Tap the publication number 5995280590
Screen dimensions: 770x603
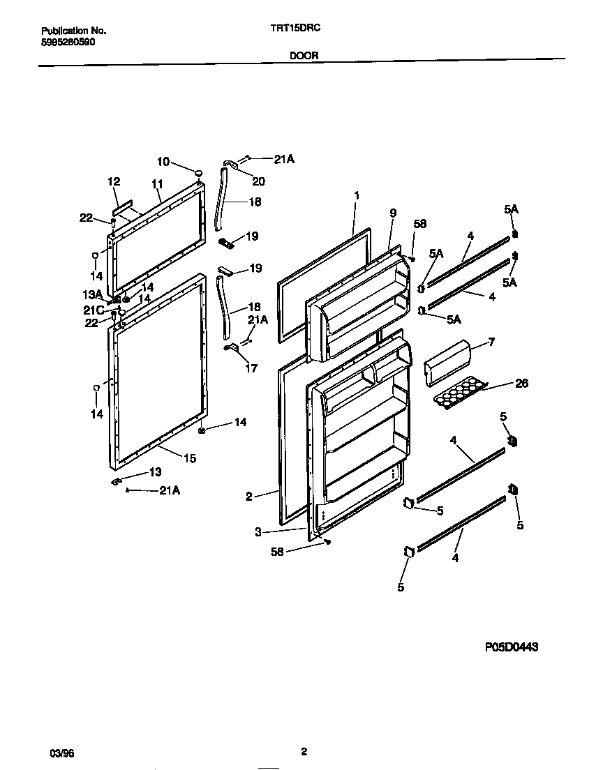pos(68,42)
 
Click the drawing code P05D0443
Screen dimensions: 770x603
pos(512,647)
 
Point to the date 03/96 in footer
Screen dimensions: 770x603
pos(61,753)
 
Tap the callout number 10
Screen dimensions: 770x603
pos(163,162)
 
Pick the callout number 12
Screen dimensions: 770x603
pos(114,181)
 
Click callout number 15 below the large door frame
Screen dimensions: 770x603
pos(190,458)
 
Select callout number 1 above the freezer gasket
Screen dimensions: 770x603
pos(356,196)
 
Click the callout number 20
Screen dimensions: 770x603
pos(258,181)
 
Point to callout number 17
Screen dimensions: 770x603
pos(251,368)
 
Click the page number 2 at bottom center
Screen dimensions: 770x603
pos(304,751)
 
